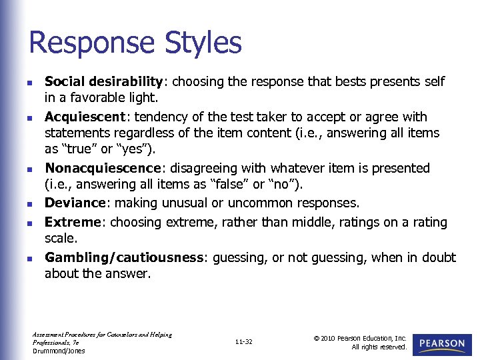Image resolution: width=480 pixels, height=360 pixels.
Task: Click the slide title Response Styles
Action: click(135, 43)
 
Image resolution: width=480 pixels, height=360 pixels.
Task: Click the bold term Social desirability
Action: click(103, 82)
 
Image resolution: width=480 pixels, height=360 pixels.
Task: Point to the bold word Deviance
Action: click(74, 203)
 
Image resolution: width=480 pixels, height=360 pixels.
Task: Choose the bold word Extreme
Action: click(73, 221)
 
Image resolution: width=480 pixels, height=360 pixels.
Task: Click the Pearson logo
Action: click(443, 343)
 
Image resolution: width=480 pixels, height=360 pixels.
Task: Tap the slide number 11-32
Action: click(244, 342)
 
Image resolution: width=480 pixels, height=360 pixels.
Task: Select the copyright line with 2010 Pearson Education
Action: click(360, 338)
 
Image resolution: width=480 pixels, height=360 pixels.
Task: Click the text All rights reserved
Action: click(379, 347)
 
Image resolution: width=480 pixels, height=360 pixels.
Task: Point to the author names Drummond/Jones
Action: click(59, 351)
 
